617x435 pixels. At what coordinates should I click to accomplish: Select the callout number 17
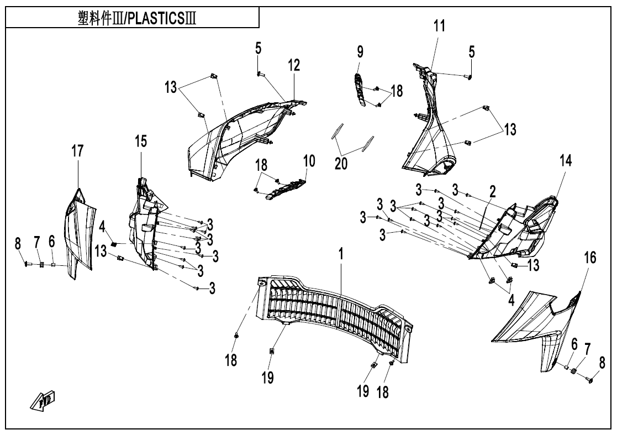click(78, 151)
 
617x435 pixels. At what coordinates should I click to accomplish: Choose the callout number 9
click(360, 52)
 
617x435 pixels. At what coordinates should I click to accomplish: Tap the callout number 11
click(438, 26)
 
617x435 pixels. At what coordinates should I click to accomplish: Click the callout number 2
click(492, 191)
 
